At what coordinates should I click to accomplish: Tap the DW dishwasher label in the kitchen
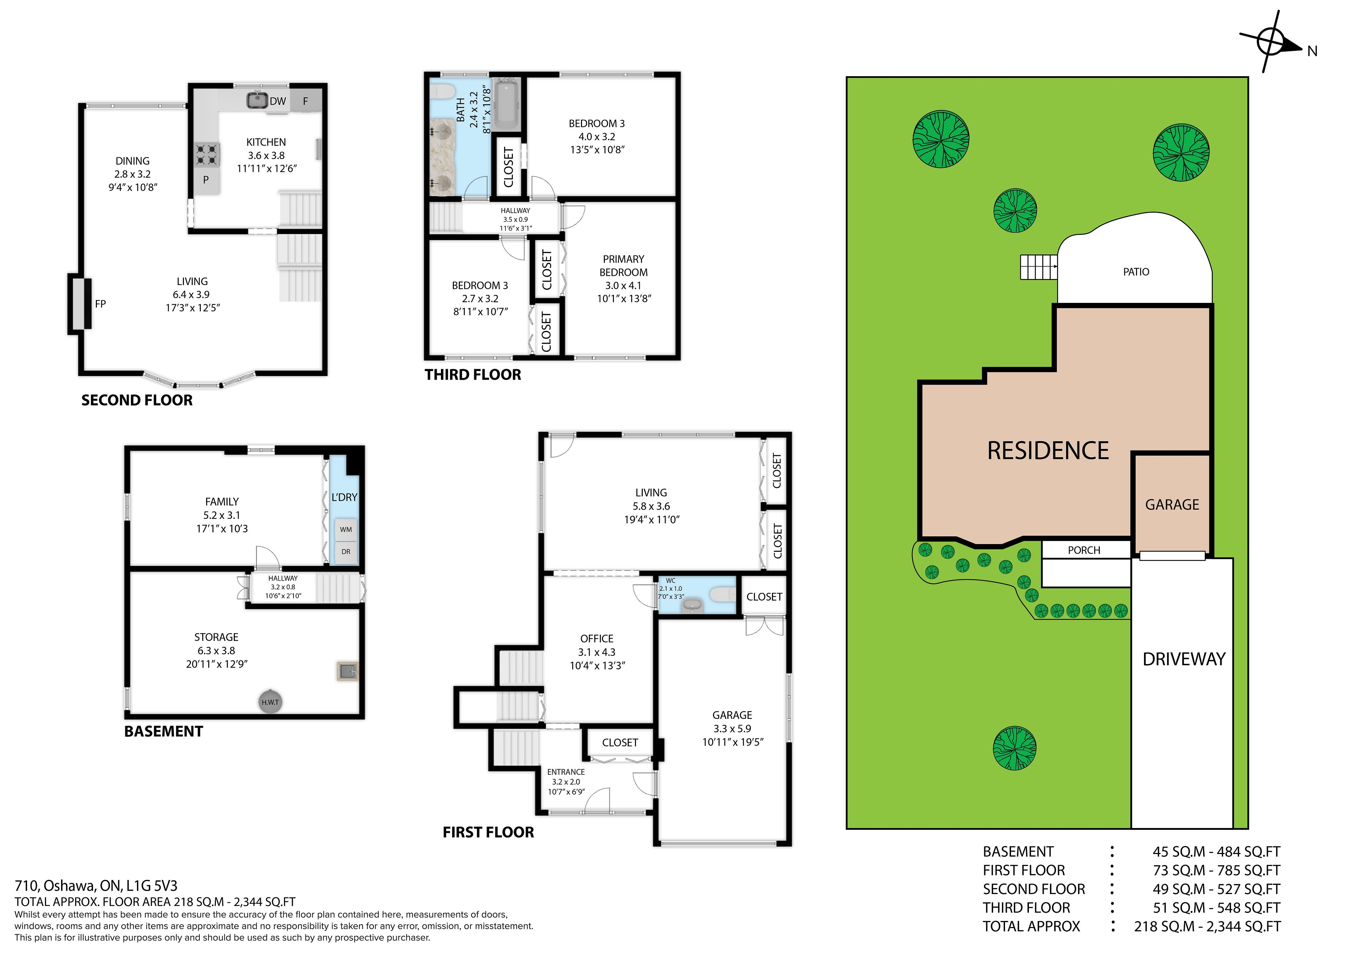click(278, 101)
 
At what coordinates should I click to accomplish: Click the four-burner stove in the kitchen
click(207, 155)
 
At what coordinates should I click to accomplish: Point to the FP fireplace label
click(100, 304)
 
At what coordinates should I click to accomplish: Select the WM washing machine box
click(346, 529)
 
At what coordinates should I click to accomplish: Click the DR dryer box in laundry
click(346, 552)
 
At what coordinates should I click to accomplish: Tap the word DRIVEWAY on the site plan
click(1184, 659)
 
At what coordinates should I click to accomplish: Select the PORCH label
click(1084, 550)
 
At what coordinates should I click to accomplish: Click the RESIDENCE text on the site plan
click(1048, 450)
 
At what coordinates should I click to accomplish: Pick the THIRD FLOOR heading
click(473, 375)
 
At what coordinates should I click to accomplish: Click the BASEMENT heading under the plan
click(163, 731)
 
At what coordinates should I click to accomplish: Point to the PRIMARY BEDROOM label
click(623, 265)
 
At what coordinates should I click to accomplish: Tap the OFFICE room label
click(596, 638)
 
